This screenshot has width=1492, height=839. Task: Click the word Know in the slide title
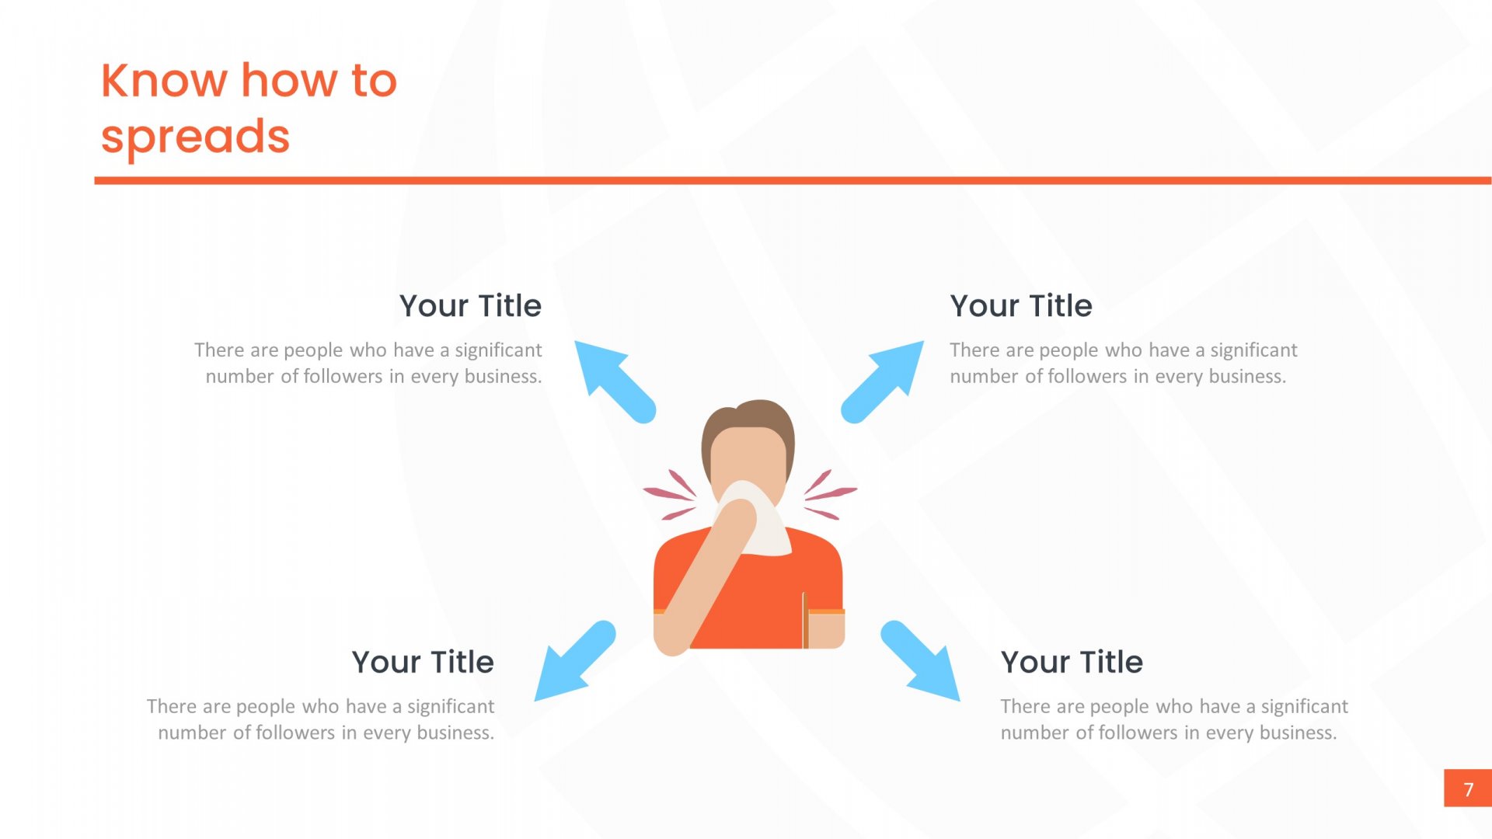(x=165, y=80)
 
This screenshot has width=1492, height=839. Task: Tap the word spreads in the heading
(x=195, y=137)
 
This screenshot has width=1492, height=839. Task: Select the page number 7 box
(x=1467, y=789)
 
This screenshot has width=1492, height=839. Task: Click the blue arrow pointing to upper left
(x=615, y=381)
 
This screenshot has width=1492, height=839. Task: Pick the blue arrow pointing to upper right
(x=883, y=381)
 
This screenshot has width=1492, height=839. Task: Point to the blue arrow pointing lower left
(x=575, y=661)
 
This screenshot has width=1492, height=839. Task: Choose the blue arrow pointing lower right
(x=920, y=661)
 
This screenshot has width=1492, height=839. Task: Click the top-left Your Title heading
(x=470, y=306)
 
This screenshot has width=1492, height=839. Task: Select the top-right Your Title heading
(x=1021, y=306)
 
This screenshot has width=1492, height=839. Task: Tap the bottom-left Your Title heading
(x=423, y=663)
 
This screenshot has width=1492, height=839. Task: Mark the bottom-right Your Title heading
(x=1072, y=663)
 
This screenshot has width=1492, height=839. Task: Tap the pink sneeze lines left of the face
(x=670, y=494)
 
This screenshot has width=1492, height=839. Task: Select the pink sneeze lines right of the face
(x=830, y=494)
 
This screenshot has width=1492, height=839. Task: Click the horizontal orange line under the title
(x=793, y=181)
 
